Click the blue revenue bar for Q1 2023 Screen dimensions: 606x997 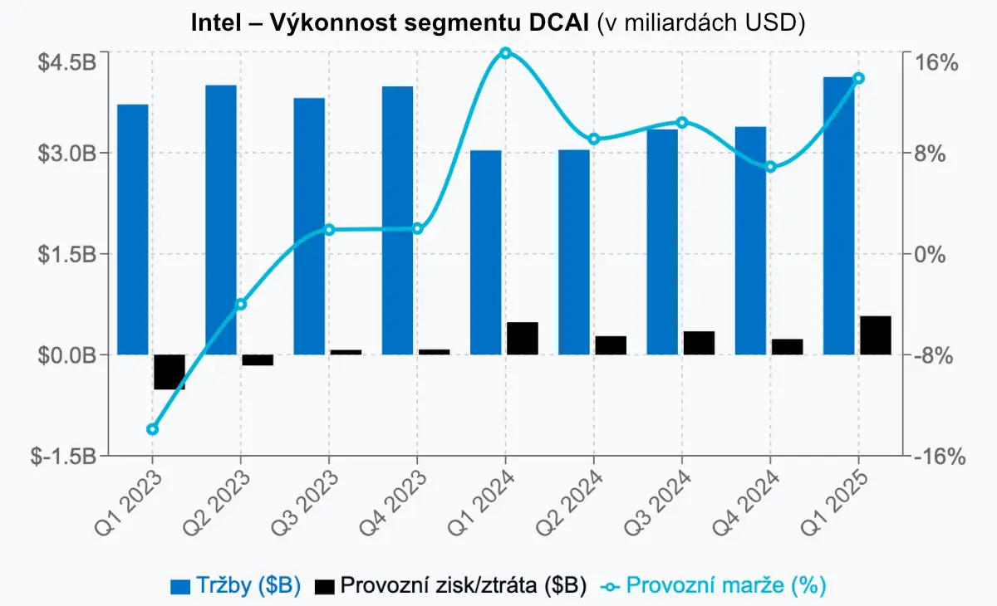point(133,229)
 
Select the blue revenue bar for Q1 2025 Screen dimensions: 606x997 point(838,216)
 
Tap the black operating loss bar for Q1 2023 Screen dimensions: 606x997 point(169,371)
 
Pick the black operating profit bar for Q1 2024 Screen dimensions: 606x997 point(523,338)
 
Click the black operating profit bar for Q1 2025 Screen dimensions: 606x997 point(876,335)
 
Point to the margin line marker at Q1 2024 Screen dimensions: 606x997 point(505,53)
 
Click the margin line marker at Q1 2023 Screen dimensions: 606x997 point(152,429)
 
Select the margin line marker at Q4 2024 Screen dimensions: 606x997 point(770,167)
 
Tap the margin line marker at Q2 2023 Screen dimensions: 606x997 point(241,304)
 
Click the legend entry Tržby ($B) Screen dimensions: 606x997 point(235,585)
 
